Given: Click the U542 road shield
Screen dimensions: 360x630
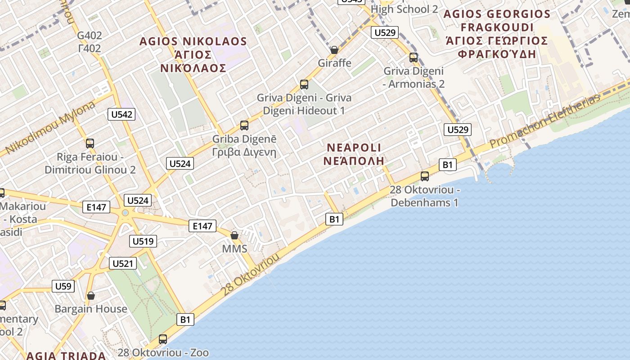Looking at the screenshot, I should click(x=121, y=114).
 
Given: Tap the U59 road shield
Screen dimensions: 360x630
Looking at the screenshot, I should click(x=63, y=286).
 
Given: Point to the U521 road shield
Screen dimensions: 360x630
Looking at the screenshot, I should click(x=122, y=263).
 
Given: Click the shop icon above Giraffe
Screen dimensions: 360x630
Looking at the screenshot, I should click(x=334, y=49).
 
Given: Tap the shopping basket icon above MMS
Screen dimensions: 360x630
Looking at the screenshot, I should click(x=234, y=235).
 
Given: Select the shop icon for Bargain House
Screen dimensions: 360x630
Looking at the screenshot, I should click(x=91, y=296).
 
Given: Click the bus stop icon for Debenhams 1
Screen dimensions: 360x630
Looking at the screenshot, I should click(x=424, y=176).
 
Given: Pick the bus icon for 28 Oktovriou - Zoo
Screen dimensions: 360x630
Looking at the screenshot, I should click(x=163, y=339).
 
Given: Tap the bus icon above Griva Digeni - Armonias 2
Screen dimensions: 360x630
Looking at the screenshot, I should click(x=414, y=58).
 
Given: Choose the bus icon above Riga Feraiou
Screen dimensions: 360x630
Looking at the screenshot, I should click(x=90, y=144).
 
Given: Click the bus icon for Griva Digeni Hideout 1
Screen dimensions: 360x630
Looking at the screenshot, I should click(x=304, y=84).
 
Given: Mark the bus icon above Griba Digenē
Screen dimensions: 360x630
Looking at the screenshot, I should click(x=244, y=126).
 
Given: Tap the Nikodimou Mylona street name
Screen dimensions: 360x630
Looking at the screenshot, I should click(x=50, y=128).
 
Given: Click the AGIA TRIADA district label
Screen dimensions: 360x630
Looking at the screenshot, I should click(x=66, y=355).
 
